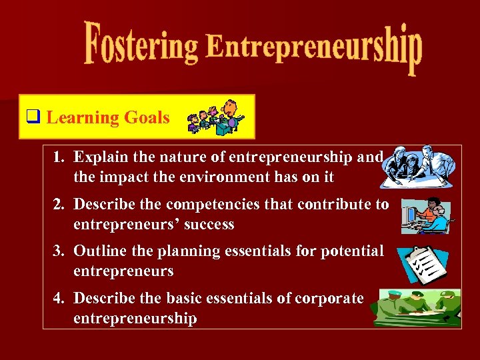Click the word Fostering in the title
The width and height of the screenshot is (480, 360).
tap(141, 45)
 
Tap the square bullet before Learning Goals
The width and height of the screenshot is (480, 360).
tap(32, 117)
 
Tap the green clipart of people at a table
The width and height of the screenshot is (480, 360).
tap(417, 307)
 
